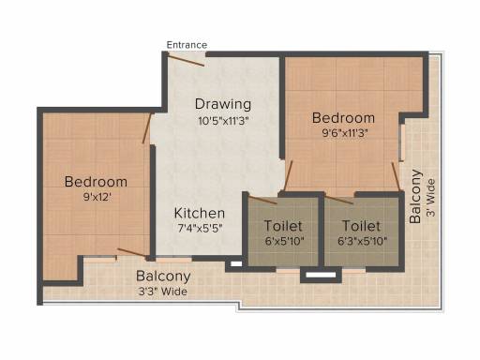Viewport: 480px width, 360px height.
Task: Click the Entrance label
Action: [x=187, y=45]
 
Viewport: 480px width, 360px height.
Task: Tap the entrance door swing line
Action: [x=186, y=60]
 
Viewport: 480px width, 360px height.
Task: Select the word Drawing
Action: [x=223, y=104]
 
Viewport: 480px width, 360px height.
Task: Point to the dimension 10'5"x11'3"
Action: [x=223, y=121]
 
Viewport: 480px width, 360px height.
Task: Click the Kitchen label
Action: [x=200, y=213]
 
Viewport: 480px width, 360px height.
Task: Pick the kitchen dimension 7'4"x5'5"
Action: [x=200, y=229]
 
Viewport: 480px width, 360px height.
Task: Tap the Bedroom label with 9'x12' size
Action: [x=96, y=182]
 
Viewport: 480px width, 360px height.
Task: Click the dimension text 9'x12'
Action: [x=97, y=197]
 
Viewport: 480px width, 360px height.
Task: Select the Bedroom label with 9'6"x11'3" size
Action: [x=343, y=118]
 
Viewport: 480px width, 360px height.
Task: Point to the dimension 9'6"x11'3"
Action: [x=344, y=133]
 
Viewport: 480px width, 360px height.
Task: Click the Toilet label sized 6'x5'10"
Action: [x=283, y=226]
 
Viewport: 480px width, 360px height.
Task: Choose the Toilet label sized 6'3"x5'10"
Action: [x=361, y=226]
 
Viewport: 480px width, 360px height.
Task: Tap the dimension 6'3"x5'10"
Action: [x=363, y=241]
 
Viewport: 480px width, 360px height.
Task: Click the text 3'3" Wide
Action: [x=163, y=292]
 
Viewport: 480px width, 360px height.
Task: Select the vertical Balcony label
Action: [x=415, y=196]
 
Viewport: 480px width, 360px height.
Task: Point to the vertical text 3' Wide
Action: [x=431, y=198]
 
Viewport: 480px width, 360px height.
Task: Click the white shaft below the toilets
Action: [x=321, y=275]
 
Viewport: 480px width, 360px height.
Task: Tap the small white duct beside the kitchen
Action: [x=236, y=263]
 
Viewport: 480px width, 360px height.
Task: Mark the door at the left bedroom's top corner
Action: [x=147, y=128]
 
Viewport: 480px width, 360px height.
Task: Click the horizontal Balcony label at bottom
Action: [x=163, y=277]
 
